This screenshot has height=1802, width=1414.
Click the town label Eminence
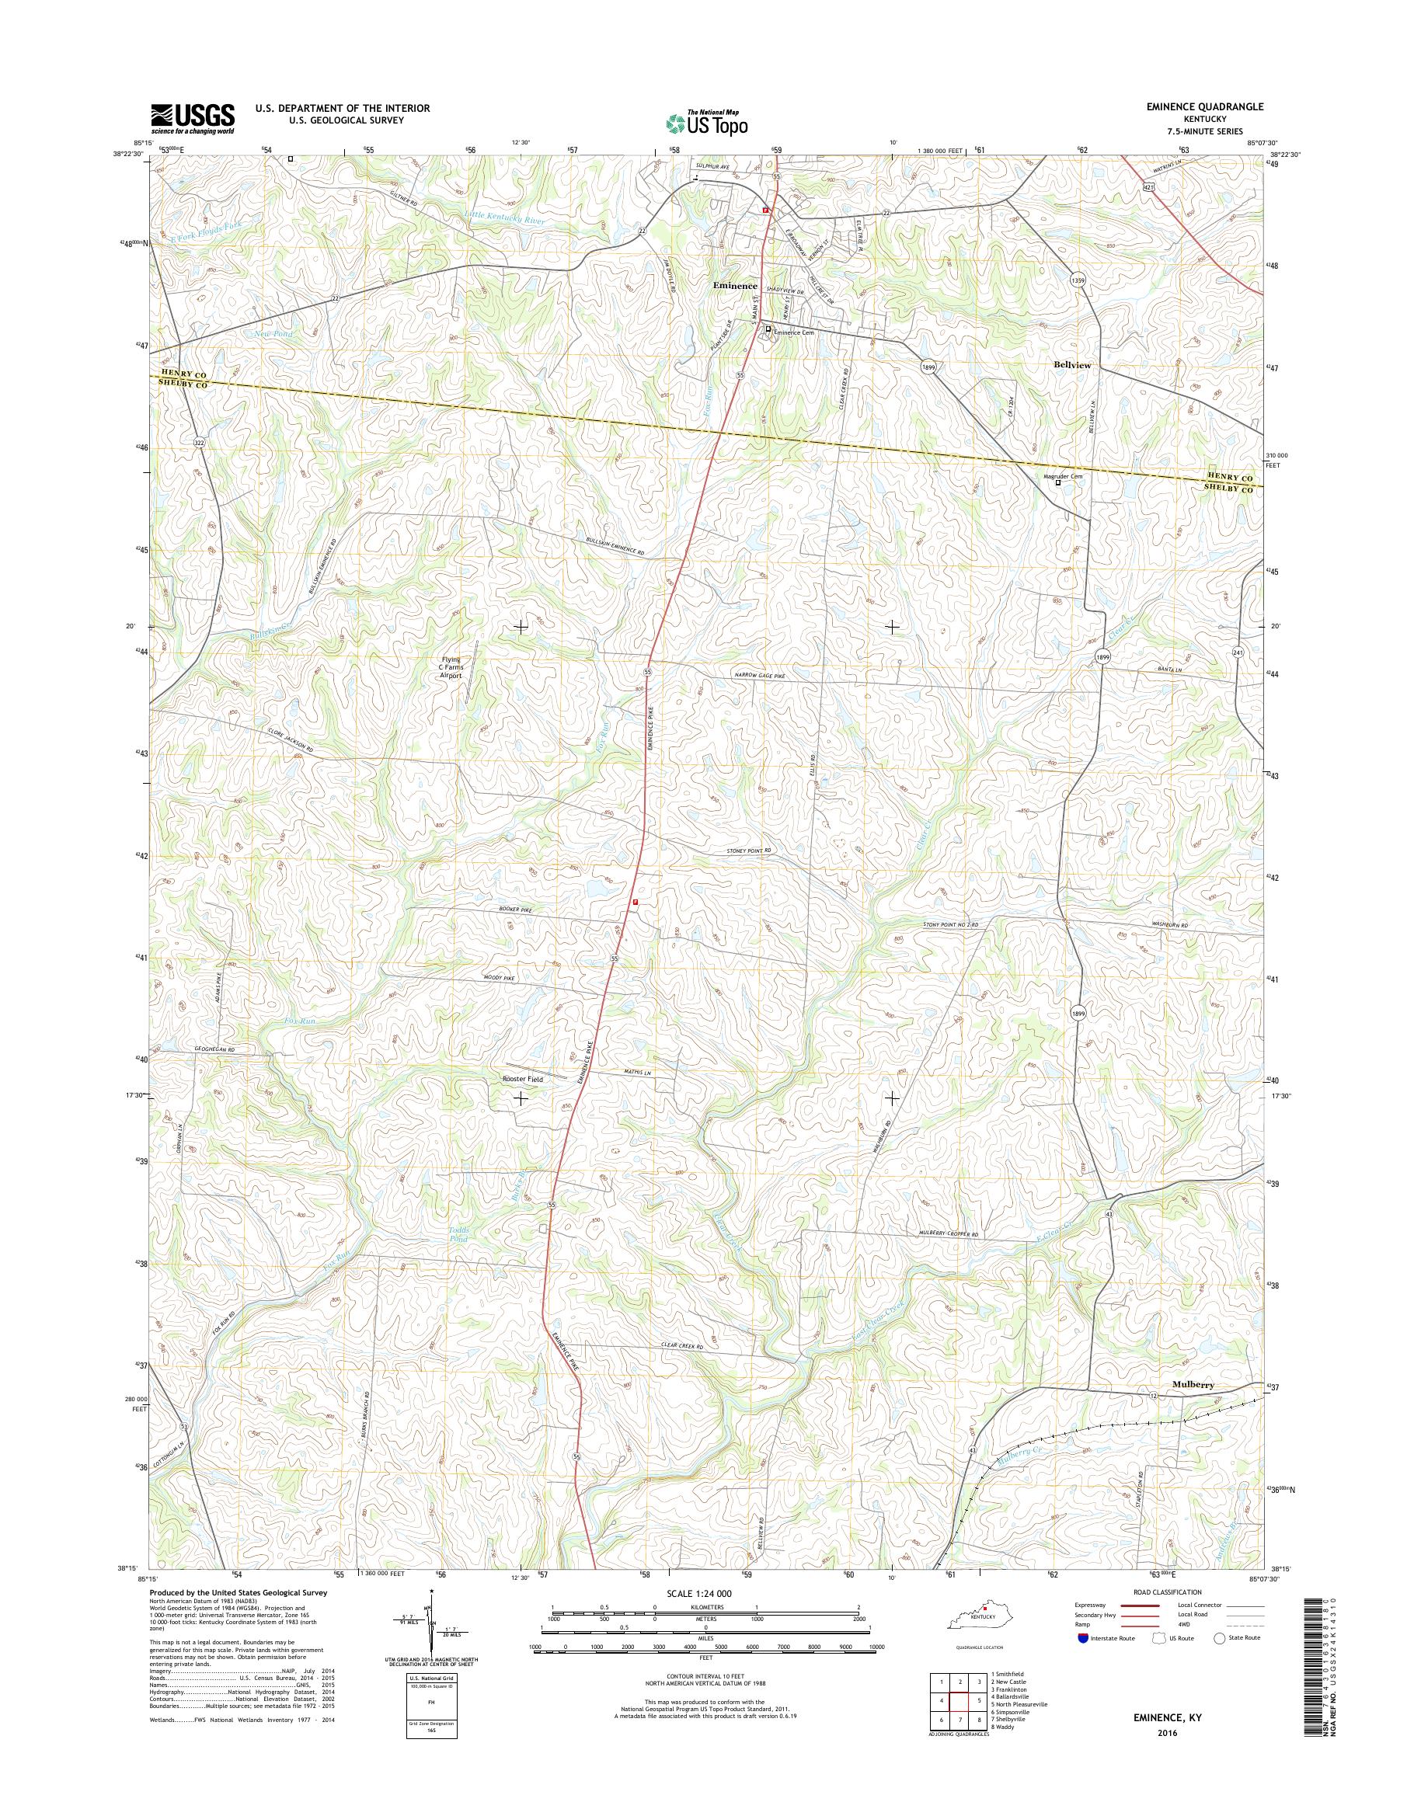click(735, 286)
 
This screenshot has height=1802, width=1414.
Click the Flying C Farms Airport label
click(451, 667)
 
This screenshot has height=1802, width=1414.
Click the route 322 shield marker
click(198, 444)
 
